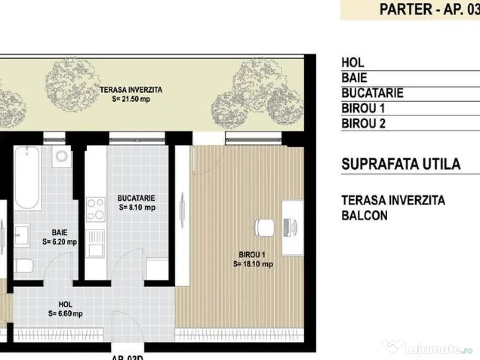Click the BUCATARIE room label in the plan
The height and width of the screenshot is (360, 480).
point(136,198)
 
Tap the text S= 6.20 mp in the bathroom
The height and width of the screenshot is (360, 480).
point(60,242)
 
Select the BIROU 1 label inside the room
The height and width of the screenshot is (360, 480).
point(252,255)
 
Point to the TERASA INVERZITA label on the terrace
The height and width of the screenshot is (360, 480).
point(131,90)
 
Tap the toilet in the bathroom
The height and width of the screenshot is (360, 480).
point(24,266)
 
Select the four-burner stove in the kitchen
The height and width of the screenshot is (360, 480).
point(96,209)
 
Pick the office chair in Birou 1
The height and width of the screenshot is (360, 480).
point(264,227)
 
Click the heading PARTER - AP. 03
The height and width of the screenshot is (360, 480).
point(429,9)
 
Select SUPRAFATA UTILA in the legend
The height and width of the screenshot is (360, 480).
point(401,164)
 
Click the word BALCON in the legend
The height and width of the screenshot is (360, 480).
point(365,216)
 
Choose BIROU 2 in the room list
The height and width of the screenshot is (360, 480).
point(363,124)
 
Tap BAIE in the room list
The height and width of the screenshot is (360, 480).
point(354,78)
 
